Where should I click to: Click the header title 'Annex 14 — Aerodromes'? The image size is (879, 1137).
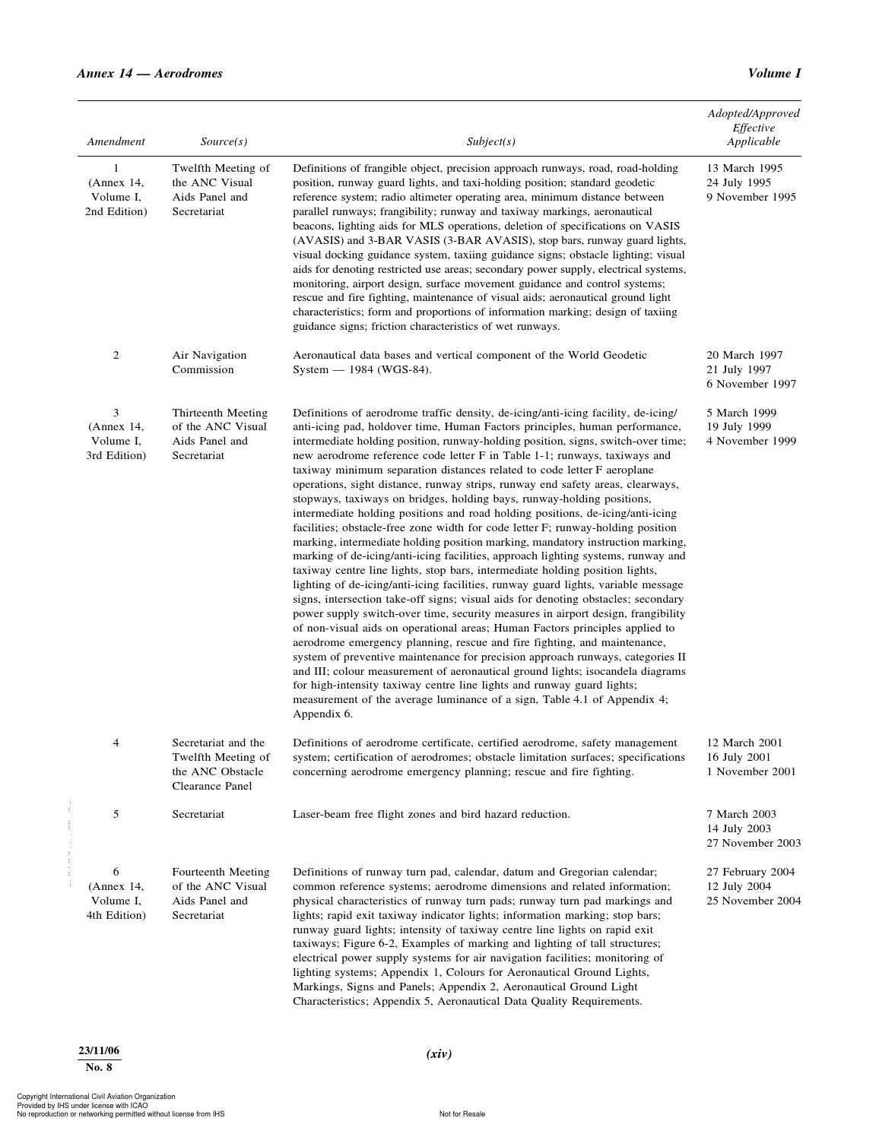(x=150, y=74)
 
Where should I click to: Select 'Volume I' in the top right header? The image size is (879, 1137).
(x=774, y=74)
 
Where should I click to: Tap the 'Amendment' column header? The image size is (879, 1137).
(x=116, y=141)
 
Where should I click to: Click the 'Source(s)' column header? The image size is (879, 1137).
(x=224, y=141)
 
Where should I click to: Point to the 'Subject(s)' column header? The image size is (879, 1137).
(x=490, y=141)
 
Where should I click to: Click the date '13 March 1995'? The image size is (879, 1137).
(x=744, y=168)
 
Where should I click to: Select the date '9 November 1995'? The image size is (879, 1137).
(x=751, y=197)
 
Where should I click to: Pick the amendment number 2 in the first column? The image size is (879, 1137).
(x=116, y=355)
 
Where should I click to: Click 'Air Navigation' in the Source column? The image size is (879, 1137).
(x=209, y=355)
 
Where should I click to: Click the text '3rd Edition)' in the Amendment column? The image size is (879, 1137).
(x=116, y=455)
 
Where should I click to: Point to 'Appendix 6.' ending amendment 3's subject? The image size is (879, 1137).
(x=322, y=714)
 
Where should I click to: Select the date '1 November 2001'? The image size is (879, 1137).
(x=751, y=771)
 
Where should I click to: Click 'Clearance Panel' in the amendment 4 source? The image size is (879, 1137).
(x=211, y=786)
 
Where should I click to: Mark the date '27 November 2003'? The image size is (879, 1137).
(x=754, y=843)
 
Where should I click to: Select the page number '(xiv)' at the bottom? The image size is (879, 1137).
(x=439, y=1053)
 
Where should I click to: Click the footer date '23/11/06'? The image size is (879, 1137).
(x=99, y=1050)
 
